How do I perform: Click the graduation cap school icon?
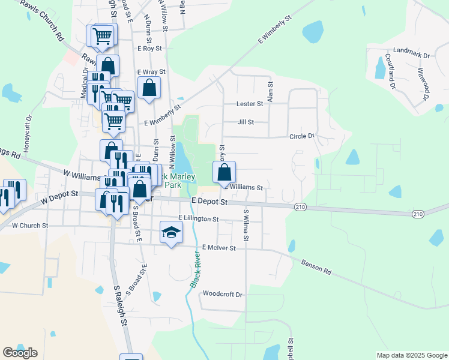pyautogui.click(x=171, y=232)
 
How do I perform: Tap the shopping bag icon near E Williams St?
pyautogui.click(x=224, y=172)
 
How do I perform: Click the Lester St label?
pyautogui.click(x=250, y=104)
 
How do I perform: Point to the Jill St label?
pyautogui.click(x=246, y=122)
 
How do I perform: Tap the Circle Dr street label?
pyautogui.click(x=302, y=136)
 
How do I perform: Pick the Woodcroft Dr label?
pyautogui.click(x=222, y=295)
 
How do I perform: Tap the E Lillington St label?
pyautogui.click(x=198, y=219)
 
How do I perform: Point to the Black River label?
pyautogui.click(x=196, y=269)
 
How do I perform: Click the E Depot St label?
pyautogui.click(x=209, y=202)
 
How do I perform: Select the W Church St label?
pyautogui.click(x=30, y=226)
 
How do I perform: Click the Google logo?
pyautogui.click(x=20, y=353)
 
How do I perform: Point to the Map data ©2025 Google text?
pyautogui.click(x=412, y=355)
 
